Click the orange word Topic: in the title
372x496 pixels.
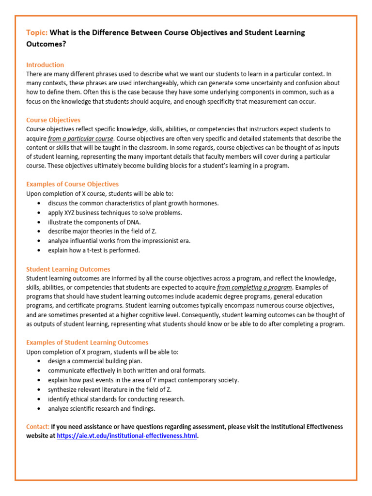[37, 32]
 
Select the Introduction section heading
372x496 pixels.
[45, 64]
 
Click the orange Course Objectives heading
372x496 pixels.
[53, 120]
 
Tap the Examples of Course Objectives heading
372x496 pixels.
[72, 184]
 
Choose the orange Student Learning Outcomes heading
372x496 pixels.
[68, 269]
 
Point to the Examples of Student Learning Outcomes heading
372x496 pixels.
[87, 342]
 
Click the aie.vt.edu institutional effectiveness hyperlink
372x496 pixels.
[127, 435]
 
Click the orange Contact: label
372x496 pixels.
[38, 426]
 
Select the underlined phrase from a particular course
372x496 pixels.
[80, 138]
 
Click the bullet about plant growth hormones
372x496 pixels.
[133, 203]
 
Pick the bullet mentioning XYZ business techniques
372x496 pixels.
[115, 212]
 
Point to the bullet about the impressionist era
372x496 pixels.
[119, 241]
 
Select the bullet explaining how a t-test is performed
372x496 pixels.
[93, 250]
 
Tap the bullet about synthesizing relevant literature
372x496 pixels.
[109, 389]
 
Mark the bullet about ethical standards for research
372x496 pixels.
[116, 399]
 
